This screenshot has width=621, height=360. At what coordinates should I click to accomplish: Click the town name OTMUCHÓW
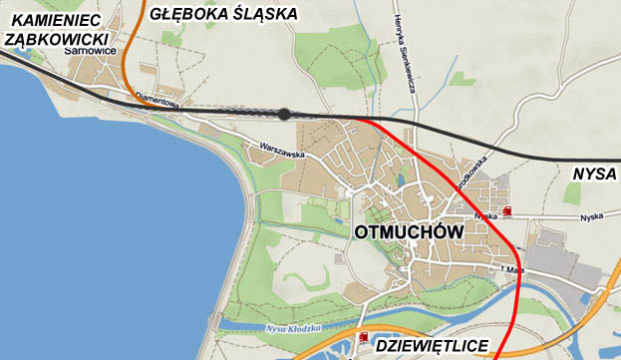[410, 232]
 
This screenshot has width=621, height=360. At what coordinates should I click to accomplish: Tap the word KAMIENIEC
[49, 20]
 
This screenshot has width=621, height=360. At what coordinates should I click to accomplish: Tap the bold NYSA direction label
[595, 174]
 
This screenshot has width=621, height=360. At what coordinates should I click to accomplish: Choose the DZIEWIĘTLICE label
[432, 346]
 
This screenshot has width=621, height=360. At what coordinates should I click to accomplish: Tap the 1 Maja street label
[513, 269]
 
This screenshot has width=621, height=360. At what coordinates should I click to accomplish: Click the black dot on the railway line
[285, 115]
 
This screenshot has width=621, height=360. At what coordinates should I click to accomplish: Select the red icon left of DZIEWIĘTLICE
[363, 338]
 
